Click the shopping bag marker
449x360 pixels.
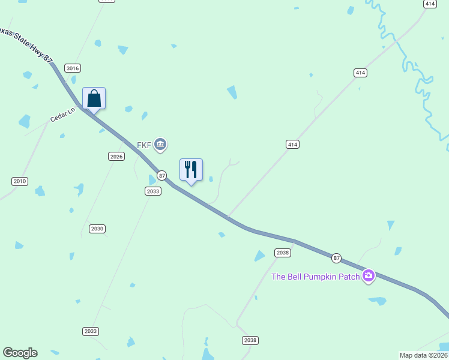coord(94,98)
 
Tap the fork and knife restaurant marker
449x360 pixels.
coord(191,170)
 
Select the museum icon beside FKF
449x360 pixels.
coord(160,144)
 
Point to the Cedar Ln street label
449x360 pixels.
coord(62,115)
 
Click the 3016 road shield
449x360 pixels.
coord(73,68)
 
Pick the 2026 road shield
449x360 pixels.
coord(116,156)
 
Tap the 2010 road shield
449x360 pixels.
coord(20,181)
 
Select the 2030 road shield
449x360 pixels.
coord(97,229)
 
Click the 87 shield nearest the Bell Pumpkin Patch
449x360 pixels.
coord(336,258)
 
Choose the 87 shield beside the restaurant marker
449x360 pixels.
coord(161,175)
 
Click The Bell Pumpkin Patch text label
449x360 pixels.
coord(316,277)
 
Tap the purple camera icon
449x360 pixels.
coord(369,276)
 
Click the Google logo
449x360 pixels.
coord(20,353)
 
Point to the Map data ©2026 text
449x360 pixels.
coord(424,355)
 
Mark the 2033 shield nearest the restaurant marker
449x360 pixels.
coord(152,191)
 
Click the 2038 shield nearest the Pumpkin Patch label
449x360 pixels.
coord(283,253)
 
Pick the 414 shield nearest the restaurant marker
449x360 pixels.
coord(292,145)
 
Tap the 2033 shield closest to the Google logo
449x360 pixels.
coord(90,331)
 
